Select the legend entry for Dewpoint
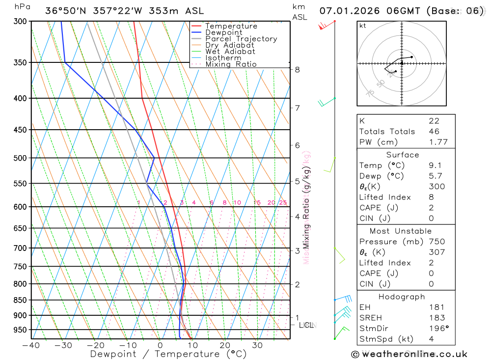pos(224,32)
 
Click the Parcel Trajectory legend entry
pos(241,39)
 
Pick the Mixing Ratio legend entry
pos(231,64)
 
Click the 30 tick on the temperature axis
pos(257,345)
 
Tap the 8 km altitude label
pos(298,70)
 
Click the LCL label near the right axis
pos(306,325)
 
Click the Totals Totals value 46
pos(434,132)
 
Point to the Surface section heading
pos(403,155)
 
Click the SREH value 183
pos(436,318)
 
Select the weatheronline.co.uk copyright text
pos(409,354)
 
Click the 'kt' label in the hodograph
pos(362,26)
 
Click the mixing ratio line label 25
pos(283,203)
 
